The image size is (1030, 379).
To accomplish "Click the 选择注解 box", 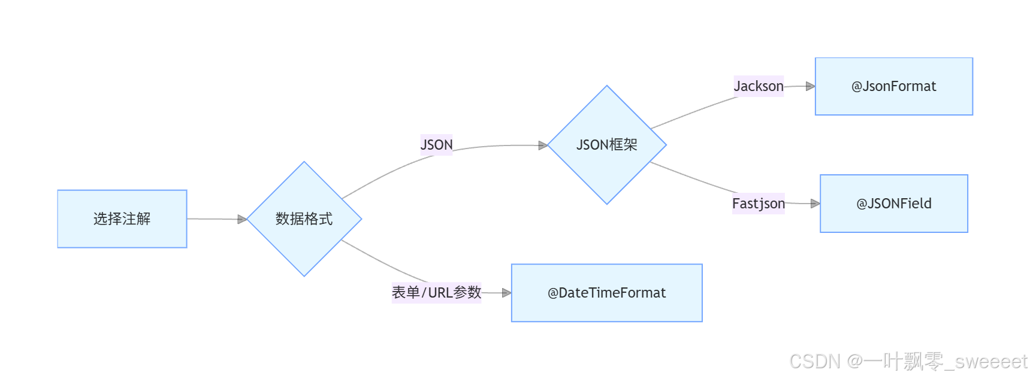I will click(122, 219).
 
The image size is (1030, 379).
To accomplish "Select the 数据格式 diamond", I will click(304, 219).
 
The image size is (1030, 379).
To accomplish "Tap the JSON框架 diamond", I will click(606, 145).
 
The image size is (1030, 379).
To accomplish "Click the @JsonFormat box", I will click(893, 87).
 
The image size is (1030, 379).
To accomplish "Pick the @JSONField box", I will click(893, 204).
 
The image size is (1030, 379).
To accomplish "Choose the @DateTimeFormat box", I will click(606, 293).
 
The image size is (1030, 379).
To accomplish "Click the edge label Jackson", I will click(759, 86).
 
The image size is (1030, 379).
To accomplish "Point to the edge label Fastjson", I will click(758, 204).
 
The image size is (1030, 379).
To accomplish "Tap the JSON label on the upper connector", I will click(436, 145).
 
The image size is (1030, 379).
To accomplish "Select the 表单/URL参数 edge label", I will click(436, 293).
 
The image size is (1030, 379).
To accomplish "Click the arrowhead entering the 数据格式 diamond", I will click(242, 220).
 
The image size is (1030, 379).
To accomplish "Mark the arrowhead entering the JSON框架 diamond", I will click(543, 145).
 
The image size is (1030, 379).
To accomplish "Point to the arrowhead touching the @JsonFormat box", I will click(810, 86).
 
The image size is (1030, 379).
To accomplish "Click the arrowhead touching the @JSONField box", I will click(815, 204).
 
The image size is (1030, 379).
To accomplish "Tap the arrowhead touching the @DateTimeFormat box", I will click(506, 293).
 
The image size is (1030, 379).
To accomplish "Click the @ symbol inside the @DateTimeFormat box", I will click(553, 293).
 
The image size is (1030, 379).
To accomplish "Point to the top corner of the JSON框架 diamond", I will click(606, 87).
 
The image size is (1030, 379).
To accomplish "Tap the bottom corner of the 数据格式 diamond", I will click(304, 275).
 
